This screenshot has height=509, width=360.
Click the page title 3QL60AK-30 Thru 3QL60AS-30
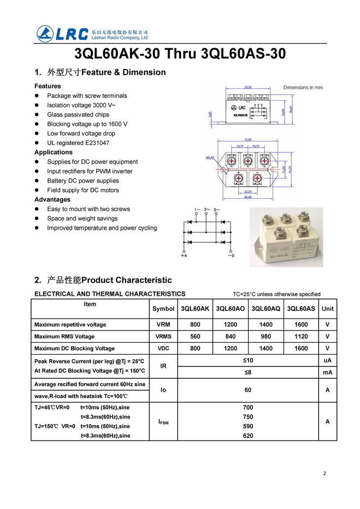pos(180,54)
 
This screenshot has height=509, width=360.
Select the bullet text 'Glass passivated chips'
pos(78,114)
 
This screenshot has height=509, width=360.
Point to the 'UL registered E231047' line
pos(78,143)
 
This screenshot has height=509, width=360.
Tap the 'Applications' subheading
pos(53,152)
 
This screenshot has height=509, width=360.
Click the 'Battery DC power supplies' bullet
pos(83,181)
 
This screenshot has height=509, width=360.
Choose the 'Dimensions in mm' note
pos(303,87)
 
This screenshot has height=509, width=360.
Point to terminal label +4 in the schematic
pos(183,255)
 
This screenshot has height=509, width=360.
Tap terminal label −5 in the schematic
pos(231,255)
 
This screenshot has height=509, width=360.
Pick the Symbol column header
pos(163,309)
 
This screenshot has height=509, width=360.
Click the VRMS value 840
pos(230,336)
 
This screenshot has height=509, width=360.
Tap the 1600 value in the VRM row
pos(301,325)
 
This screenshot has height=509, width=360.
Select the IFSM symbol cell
pos(163,422)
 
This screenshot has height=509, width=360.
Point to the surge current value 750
pos(248,417)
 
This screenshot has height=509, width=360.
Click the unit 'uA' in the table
pos(327,361)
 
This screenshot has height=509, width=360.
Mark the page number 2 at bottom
pos(324,473)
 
